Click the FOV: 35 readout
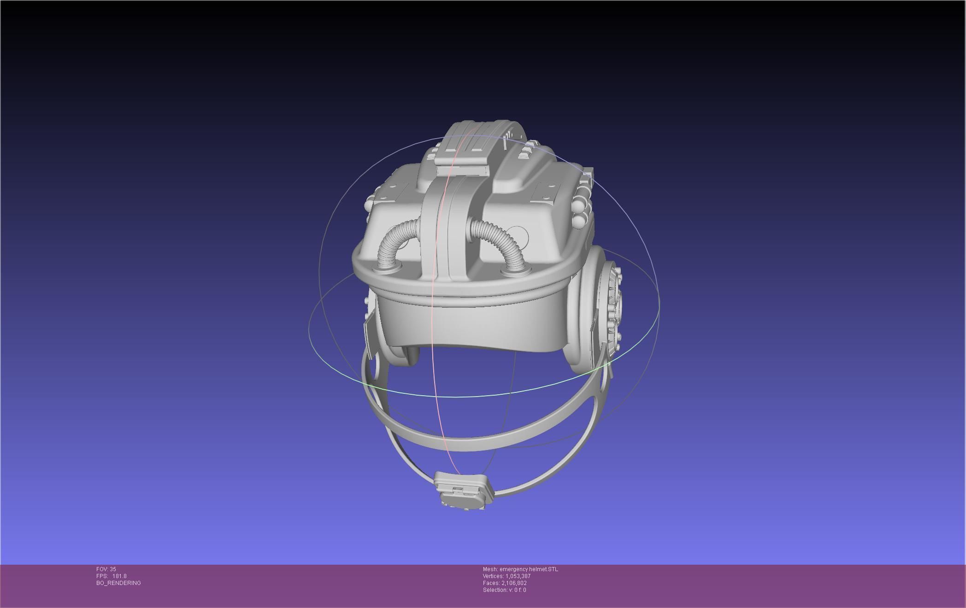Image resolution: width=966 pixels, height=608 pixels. [x=106, y=569]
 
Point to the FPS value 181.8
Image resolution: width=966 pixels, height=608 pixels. [x=119, y=576]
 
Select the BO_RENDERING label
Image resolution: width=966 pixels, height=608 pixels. [x=118, y=583]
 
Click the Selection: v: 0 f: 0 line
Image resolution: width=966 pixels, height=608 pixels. [x=504, y=590]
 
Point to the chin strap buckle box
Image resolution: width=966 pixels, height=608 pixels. [x=463, y=491]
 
